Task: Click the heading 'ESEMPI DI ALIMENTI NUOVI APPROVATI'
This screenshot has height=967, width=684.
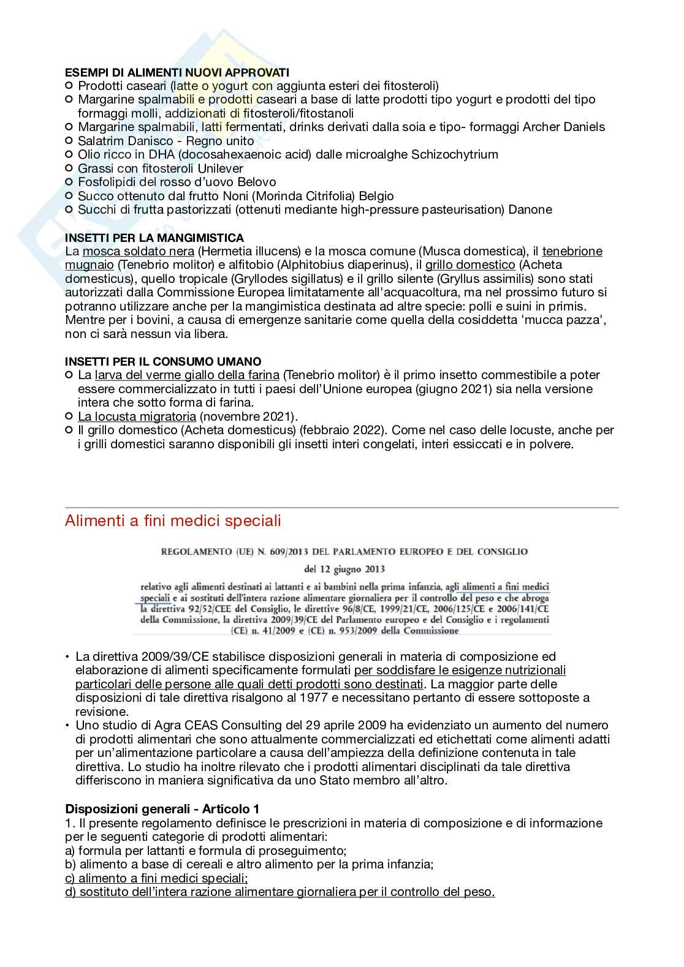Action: (x=177, y=72)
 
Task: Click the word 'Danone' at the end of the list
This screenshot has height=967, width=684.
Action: (x=532, y=209)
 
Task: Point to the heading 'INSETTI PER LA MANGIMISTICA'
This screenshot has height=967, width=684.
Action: (x=154, y=238)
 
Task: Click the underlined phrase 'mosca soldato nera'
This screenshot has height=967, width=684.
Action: (x=139, y=251)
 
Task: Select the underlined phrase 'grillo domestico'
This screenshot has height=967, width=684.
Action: (x=470, y=265)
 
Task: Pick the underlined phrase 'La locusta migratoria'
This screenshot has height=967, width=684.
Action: (x=137, y=416)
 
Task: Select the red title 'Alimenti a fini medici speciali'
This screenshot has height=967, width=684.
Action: (x=173, y=521)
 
